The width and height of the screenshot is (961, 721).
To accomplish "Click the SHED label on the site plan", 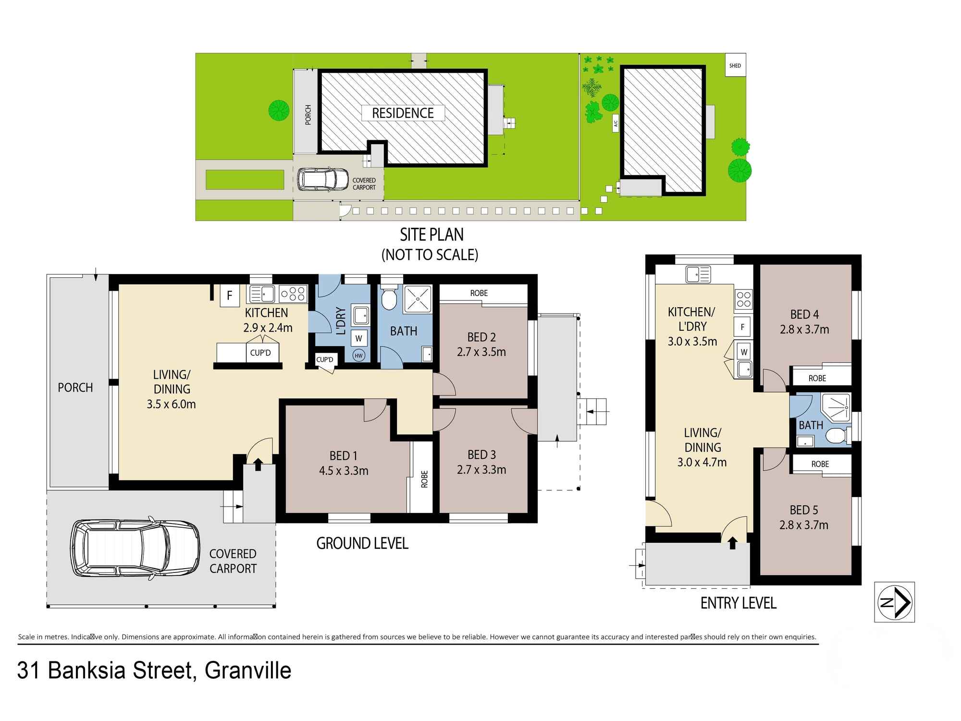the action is pos(735,65).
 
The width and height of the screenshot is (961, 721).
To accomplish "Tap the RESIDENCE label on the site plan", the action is pos(403,113).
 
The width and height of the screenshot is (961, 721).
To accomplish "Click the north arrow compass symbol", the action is pos(894,602).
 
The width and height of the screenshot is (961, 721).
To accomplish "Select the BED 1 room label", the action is pos(344,455).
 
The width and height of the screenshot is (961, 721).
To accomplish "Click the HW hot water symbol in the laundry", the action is pos(358,356).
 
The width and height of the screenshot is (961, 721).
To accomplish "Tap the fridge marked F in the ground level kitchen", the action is pos(230,295).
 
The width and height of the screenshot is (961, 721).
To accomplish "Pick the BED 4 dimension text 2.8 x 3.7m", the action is pos(804,330).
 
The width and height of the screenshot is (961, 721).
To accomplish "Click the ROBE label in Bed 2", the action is pos(479,293).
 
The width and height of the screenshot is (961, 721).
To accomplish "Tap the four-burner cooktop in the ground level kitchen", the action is pos(293,293).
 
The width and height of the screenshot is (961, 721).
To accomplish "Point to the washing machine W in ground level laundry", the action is pos(358,338).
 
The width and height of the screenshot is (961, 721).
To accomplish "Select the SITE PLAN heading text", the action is pos(432,235).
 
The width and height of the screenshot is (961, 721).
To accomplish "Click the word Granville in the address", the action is pos(248,671).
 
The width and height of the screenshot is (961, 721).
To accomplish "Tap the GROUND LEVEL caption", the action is pos(362,544).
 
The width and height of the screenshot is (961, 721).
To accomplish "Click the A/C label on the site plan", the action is pos(616,123).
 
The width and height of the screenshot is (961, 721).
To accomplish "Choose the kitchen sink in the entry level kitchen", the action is pos(698,274).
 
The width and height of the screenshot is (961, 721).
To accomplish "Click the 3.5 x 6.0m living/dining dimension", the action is pos(172,404).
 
